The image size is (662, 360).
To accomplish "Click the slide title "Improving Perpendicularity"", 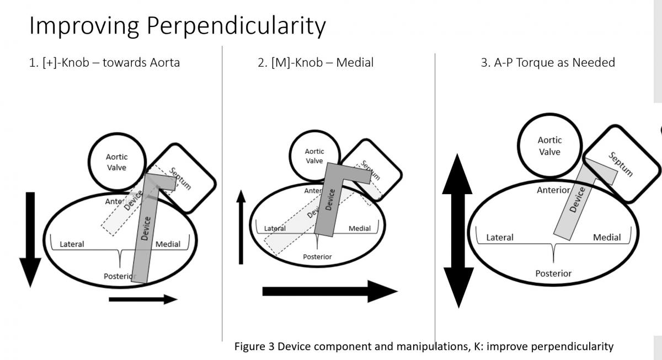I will coord(177,25).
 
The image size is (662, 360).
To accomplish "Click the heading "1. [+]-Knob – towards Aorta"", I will coord(104,62).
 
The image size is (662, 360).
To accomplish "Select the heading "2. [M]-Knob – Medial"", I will coord(316,62).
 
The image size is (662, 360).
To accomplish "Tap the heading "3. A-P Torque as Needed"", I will coord(548,62).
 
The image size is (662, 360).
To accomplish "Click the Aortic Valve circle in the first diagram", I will coord(116,162).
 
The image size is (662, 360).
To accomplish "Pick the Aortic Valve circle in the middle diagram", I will coord(314,155).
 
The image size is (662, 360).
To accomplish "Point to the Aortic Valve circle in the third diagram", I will coord(549,146).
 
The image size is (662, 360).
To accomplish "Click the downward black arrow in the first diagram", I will coord(30,240).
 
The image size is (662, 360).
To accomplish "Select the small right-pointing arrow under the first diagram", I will coord(143,299).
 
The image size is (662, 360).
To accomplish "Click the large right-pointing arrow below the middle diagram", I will coord(329,291).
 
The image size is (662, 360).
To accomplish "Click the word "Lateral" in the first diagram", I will coord(72,244).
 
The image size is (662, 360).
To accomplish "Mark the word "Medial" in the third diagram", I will coord(607,238).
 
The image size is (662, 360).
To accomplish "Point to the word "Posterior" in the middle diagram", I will coord(317,256).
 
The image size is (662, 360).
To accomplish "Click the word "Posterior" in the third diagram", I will coord(553,273).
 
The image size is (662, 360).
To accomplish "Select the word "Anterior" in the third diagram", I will coord(553,190).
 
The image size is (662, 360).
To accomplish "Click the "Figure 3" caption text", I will coord(424,346).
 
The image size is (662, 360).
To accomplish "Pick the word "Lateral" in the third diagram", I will coord(500,238).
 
